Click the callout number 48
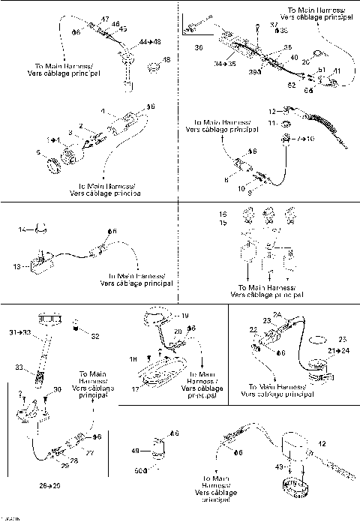166,59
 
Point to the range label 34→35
205,64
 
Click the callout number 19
185,316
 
